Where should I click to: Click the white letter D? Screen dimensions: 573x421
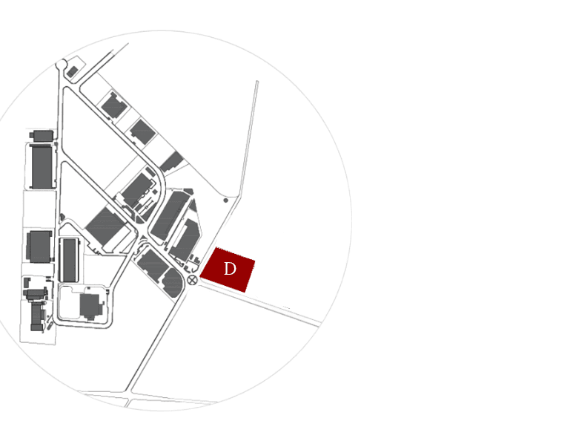230,269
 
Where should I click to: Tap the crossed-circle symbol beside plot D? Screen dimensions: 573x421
192,281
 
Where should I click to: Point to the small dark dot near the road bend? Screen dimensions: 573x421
225,200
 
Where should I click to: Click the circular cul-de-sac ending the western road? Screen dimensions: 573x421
61,65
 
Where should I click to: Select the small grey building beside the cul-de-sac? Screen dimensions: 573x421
73,71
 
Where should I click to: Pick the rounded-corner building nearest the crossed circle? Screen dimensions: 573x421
173,283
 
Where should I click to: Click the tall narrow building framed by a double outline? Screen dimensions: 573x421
69,260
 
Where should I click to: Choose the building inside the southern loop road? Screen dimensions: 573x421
91,307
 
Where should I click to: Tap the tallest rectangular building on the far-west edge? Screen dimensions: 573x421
42,166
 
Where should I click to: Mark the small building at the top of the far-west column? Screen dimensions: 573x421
42,135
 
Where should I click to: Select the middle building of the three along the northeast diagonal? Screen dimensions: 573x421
142,131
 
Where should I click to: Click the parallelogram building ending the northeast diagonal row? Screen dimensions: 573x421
171,162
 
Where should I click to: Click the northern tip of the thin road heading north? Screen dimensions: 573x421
257,82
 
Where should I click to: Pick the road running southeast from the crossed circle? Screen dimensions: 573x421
259,304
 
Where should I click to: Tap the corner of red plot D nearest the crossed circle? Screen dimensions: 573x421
200,278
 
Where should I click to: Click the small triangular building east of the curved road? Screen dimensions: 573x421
193,206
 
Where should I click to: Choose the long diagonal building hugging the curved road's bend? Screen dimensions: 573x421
170,216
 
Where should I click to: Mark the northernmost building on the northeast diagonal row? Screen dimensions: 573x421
114,105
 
